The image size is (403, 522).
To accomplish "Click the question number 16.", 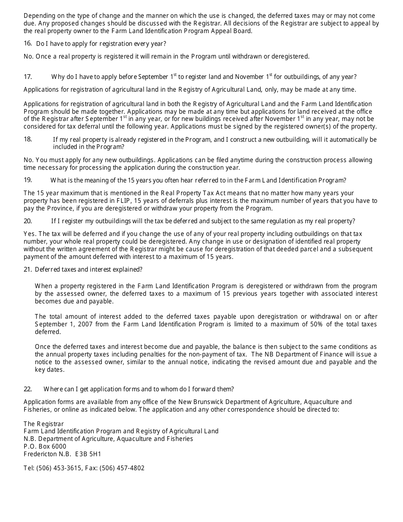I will pyautogui.click(x=28, y=43).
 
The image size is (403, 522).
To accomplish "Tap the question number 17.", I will pyautogui.click(x=28, y=77).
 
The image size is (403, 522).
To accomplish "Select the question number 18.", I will pyautogui.click(x=28, y=139).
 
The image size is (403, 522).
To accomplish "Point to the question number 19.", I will pyautogui.click(x=28, y=180).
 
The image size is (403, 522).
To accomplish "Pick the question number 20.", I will pyautogui.click(x=28, y=221).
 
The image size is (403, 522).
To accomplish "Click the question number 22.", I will pyautogui.click(x=28, y=389).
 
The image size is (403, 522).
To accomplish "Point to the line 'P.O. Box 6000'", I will pyautogui.click(x=45, y=446).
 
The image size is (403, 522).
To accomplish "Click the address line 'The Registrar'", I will pyautogui.click(x=44, y=424).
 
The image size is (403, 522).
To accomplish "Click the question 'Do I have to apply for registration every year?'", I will pyautogui.click(x=101, y=43).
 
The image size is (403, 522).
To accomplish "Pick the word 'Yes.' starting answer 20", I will pyautogui.click(x=30, y=234).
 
